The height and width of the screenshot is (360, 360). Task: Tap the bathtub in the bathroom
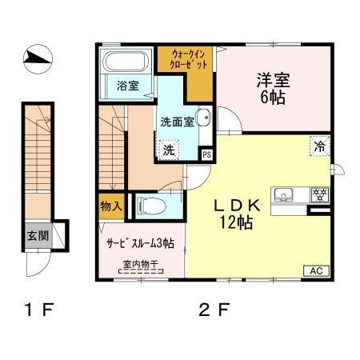coord(126,63)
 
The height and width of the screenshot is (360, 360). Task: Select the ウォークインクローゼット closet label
coord(189,58)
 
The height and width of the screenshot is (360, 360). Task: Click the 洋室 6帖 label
coord(271,87)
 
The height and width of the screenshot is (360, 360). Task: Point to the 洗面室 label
coord(177,122)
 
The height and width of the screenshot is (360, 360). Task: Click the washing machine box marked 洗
coord(170,149)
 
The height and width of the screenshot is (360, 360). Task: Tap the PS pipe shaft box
coord(206,154)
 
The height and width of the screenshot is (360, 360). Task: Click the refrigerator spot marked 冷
coord(319,146)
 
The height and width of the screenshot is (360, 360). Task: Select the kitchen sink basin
coord(286,194)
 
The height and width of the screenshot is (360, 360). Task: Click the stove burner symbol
coord(319,194)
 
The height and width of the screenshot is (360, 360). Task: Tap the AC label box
coord(315,271)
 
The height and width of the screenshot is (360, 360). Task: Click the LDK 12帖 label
coord(233,214)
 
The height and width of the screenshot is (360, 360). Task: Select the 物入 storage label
coord(110,206)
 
